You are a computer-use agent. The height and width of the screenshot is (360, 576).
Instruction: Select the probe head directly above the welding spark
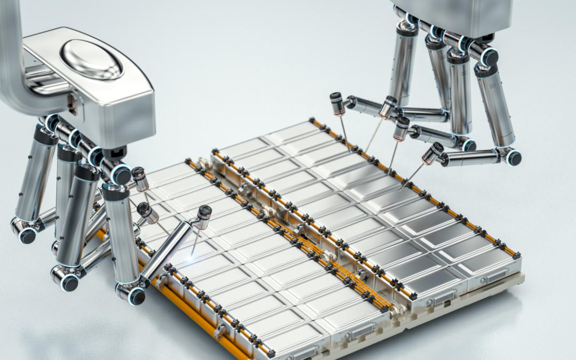pyautogui.click(x=203, y=216)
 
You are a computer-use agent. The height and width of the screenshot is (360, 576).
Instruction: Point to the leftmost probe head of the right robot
pyautogui.click(x=337, y=103)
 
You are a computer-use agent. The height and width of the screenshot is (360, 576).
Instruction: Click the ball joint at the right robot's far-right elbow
pyautogui.click(x=514, y=157)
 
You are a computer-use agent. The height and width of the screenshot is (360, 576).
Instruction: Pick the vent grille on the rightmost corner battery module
pyautogui.click(x=497, y=276)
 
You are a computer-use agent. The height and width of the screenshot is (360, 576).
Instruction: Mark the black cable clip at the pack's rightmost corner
pyautogui.click(x=516, y=255)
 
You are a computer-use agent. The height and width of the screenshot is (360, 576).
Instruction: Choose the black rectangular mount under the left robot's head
pyautogui.click(x=114, y=154)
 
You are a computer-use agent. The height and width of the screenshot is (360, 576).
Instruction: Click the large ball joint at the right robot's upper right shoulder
pyautogui.click(x=488, y=57)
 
